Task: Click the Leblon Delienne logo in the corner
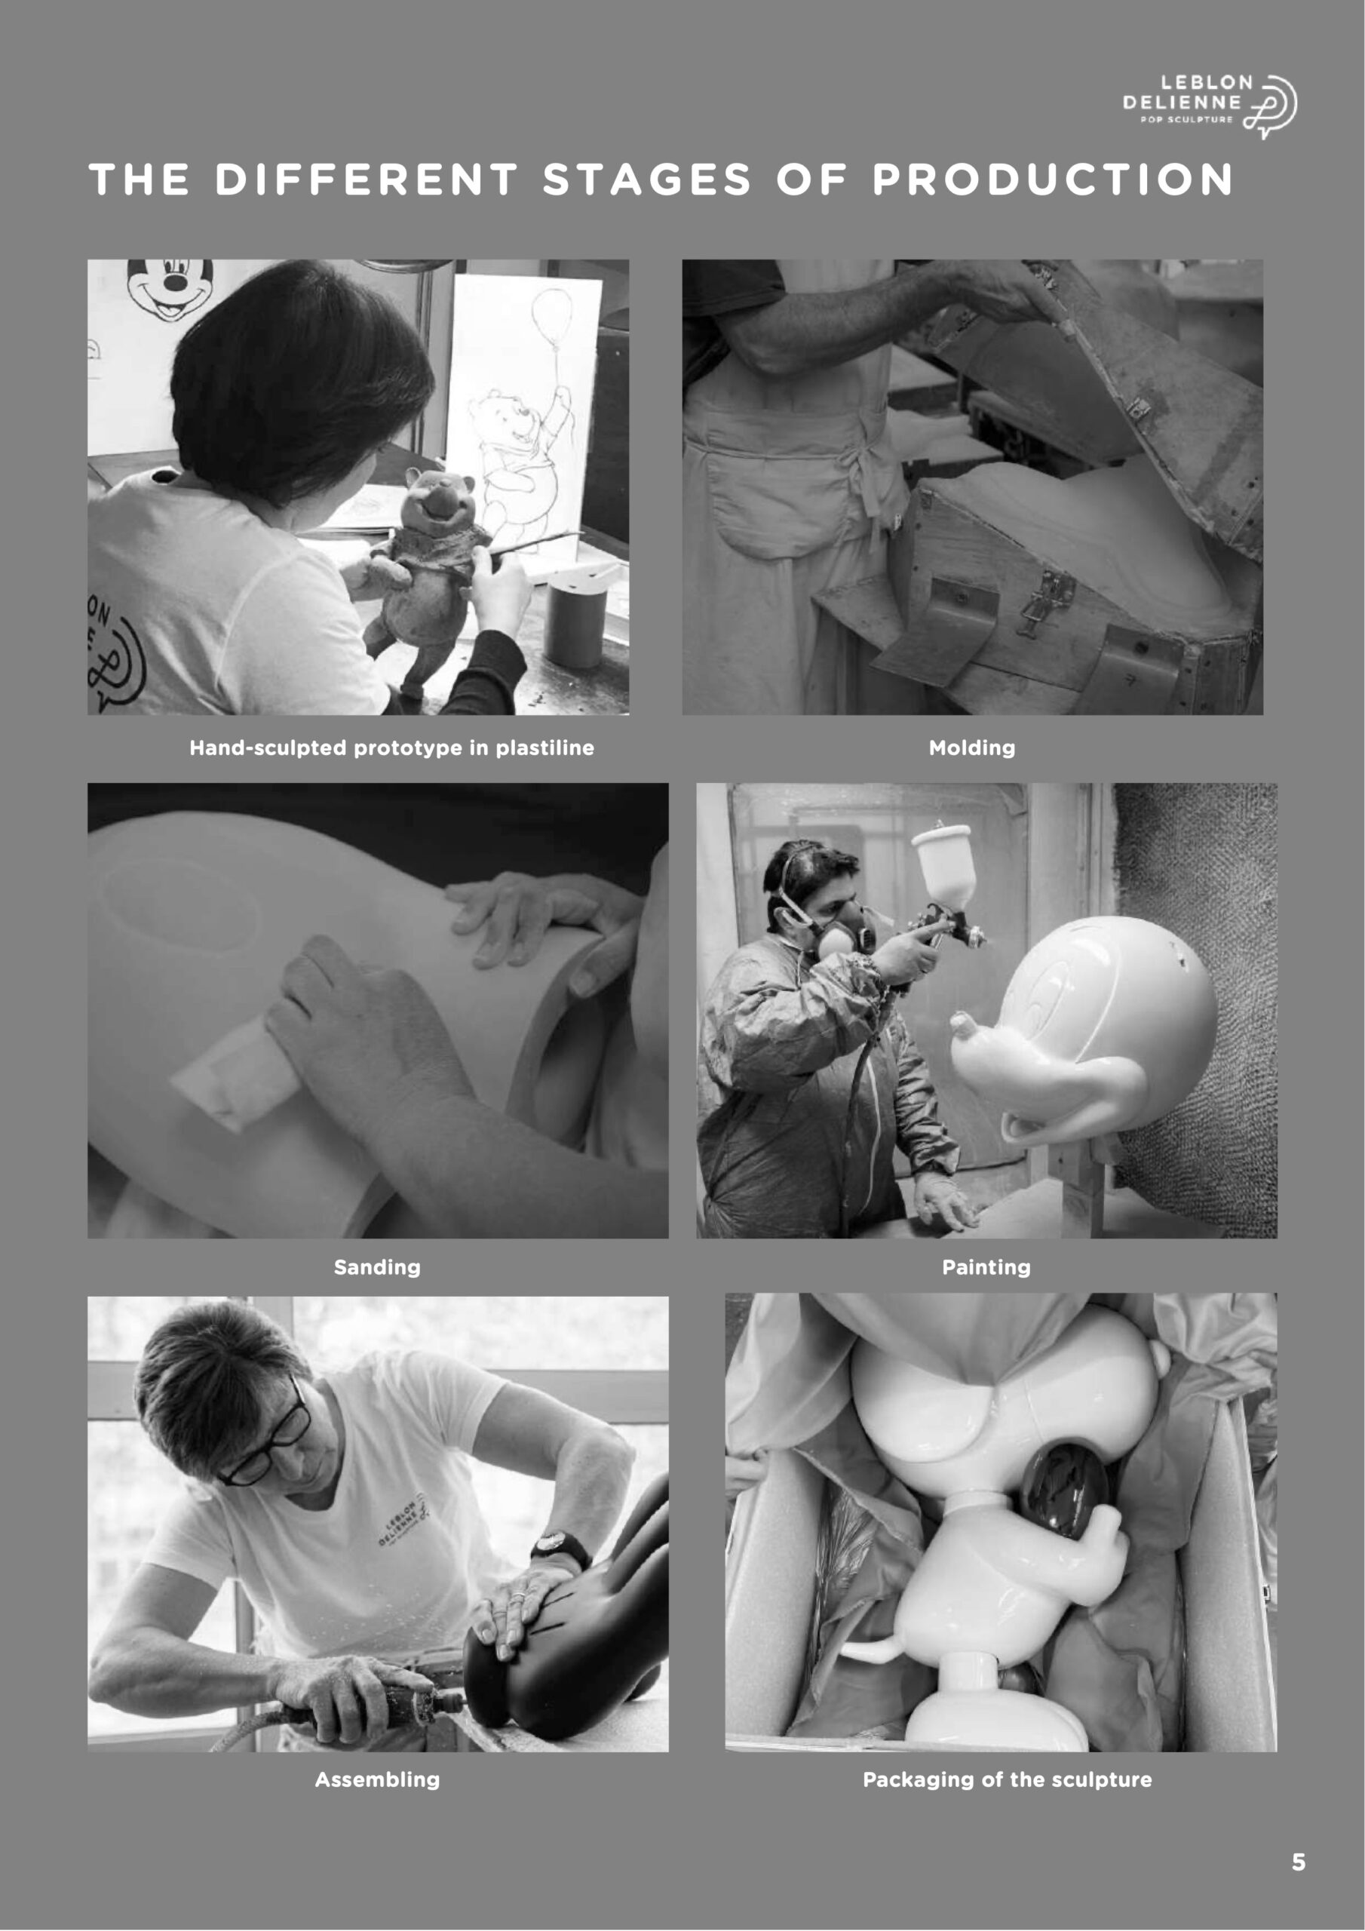point(1210,105)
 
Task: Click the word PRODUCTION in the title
point(1052,179)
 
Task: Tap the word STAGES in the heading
point(646,179)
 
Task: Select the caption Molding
point(971,748)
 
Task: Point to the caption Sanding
point(377,1266)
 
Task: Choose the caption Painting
point(986,1266)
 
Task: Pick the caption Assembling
point(377,1779)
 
